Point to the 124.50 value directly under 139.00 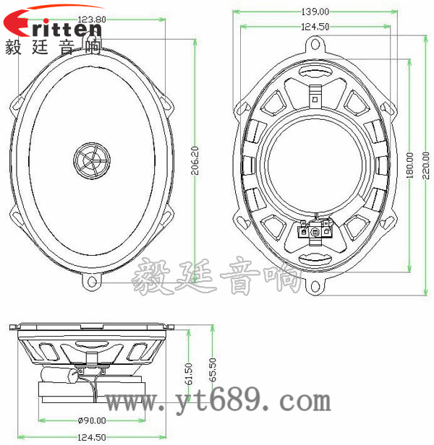315,27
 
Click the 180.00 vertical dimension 410,165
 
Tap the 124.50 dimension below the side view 92,437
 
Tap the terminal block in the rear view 315,231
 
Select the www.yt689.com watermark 217,399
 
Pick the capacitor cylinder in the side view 59,376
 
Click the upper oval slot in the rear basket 315,72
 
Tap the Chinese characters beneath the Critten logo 53,49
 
